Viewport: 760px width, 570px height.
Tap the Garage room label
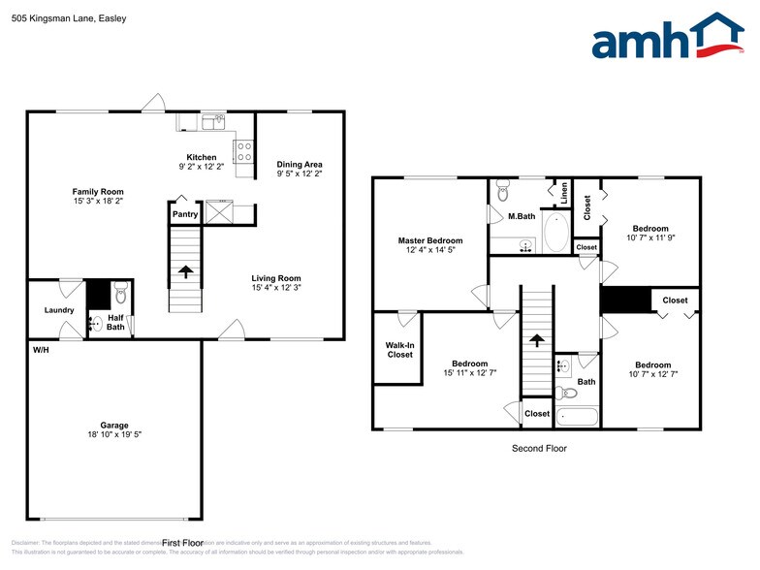[x=114, y=425]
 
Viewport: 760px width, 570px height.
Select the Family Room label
[x=98, y=192]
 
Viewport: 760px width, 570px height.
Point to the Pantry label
[x=184, y=214]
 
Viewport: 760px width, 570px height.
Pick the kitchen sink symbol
[x=214, y=121]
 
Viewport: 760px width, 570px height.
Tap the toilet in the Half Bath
[x=120, y=292]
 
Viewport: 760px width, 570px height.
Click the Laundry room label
[x=59, y=310]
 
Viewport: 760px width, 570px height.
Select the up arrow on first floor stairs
[x=184, y=273]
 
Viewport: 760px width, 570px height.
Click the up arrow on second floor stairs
[x=536, y=339]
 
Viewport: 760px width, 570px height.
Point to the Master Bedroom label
[x=429, y=240]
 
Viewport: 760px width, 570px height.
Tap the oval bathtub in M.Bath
[x=556, y=234]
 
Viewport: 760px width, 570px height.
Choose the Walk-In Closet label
[x=399, y=349]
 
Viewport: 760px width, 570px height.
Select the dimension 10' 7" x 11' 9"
[x=649, y=237]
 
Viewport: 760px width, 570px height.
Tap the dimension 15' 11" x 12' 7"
[x=469, y=373]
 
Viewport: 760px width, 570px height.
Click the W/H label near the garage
[x=42, y=349]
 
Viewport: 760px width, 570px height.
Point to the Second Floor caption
[x=539, y=449]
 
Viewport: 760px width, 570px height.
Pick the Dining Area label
[x=300, y=164]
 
